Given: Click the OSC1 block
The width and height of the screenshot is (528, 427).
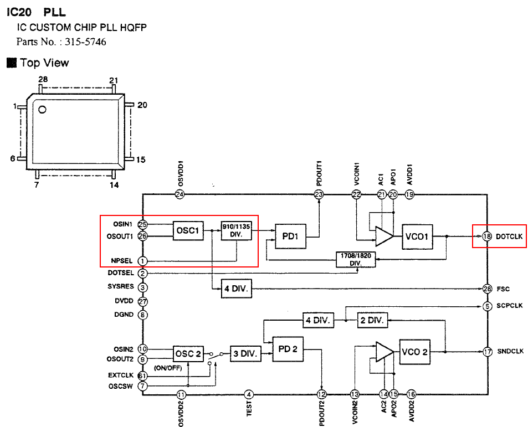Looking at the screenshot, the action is tap(188, 230).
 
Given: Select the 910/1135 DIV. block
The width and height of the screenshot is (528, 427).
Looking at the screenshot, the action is tap(236, 230).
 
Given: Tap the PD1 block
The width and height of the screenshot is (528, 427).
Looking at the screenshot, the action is tap(290, 236).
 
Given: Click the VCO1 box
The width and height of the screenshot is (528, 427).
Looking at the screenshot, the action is tap(417, 236).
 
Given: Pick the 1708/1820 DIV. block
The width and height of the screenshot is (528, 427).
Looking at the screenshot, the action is tap(356, 259).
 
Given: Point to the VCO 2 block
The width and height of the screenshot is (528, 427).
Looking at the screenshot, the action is tap(414, 352).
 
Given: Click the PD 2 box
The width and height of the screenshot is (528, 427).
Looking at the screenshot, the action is tap(288, 349).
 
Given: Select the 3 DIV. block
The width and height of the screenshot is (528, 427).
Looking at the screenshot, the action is tap(245, 354).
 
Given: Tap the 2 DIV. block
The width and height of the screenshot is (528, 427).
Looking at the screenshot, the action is tap(372, 320).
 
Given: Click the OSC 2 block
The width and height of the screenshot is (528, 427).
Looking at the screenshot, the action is tap(188, 354).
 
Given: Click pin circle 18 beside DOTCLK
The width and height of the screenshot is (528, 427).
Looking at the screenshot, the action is tap(487, 236).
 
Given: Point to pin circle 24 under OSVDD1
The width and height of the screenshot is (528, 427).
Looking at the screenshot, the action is tap(180, 194).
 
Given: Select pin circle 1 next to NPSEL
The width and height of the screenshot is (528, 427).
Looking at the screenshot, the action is tap(142, 261).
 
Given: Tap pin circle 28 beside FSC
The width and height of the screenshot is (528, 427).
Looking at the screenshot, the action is tap(487, 289).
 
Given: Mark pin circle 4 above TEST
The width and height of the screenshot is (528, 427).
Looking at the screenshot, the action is tap(249, 394).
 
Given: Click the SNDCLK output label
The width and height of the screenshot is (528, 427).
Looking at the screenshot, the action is tap(510, 351).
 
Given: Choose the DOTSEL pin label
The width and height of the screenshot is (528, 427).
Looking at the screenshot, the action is tap(121, 272).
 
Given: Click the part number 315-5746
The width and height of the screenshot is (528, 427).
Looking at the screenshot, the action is tap(85, 42).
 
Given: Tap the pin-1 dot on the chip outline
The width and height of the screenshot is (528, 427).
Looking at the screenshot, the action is tap(42, 109).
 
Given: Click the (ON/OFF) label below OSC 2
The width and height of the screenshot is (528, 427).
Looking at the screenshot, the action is tap(168, 368).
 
